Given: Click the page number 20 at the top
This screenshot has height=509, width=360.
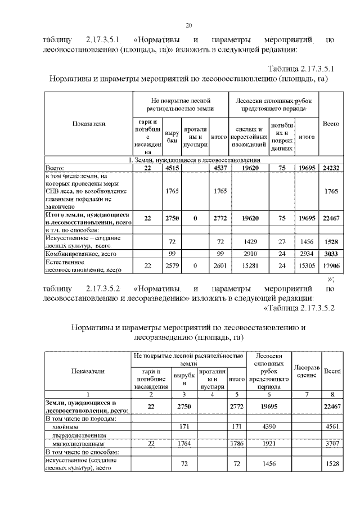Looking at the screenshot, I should [188, 25].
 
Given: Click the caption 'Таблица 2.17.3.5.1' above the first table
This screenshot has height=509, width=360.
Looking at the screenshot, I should [301, 69].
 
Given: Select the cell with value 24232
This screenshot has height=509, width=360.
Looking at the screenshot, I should [330, 168].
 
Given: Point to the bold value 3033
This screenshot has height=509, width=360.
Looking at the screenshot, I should [330, 254].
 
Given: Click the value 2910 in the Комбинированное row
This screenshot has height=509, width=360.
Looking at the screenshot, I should [249, 254].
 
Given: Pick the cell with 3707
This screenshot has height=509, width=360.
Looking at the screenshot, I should [332, 444].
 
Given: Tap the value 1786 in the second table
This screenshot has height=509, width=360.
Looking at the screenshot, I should [236, 444].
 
